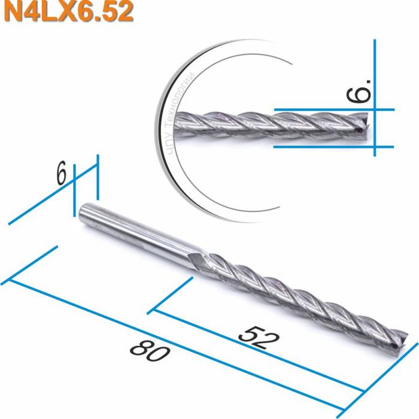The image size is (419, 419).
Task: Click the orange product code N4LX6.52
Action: [x=66, y=12]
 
